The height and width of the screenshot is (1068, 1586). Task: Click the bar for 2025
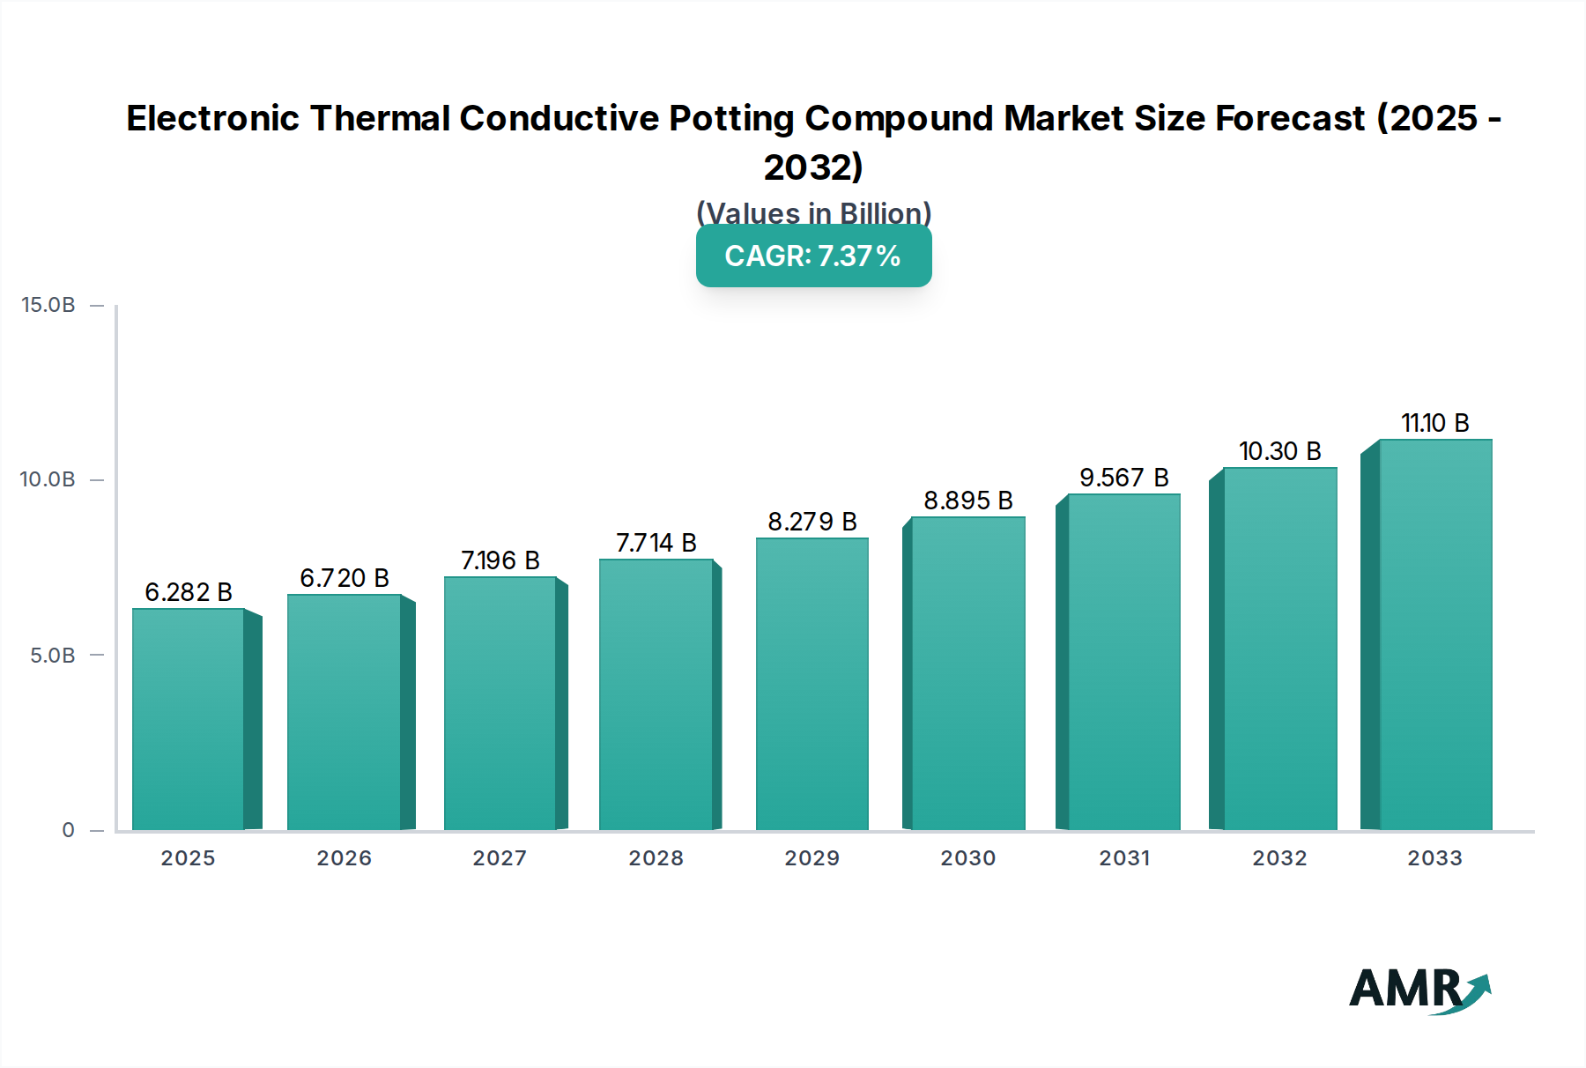point(188,718)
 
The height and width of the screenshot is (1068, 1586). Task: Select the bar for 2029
point(812,683)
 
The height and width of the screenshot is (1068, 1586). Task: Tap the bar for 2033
point(1434,634)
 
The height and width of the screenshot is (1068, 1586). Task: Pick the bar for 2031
point(1123,661)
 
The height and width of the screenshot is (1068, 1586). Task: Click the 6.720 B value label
point(344,578)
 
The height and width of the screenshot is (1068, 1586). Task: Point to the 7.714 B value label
point(656,543)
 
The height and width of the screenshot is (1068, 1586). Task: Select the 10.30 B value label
point(1279,451)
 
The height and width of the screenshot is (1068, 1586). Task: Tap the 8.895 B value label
point(967,501)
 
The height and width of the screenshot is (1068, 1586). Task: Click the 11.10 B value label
point(1434,423)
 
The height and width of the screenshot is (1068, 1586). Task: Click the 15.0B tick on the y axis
point(48,305)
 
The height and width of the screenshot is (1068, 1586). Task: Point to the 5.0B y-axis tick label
point(53,656)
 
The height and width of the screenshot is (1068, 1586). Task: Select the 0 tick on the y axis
point(68,830)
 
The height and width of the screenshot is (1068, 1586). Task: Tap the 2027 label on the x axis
point(500,858)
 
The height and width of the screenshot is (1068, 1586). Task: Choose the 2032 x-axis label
point(1279,858)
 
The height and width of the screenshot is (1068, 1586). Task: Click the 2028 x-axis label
point(656,858)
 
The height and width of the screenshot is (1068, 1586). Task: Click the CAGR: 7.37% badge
point(813,256)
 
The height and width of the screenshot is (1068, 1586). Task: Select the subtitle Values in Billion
point(813,212)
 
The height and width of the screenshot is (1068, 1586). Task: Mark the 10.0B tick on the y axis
point(48,479)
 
